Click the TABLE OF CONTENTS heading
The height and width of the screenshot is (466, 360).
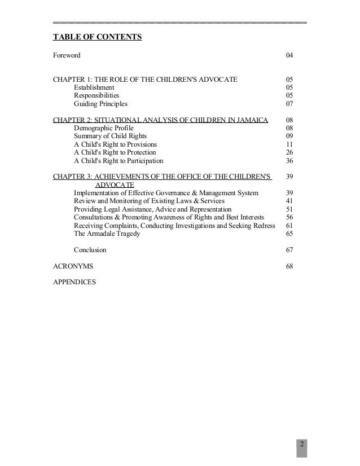pyautogui.click(x=97, y=38)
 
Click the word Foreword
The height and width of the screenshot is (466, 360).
pyautogui.click(x=67, y=56)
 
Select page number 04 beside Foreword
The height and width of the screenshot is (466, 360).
pyautogui.click(x=289, y=56)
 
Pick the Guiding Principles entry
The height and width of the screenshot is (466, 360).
pyautogui.click(x=100, y=104)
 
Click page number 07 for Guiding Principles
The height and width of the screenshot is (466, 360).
pyautogui.click(x=289, y=104)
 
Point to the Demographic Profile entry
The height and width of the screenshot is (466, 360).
pyautogui.click(x=103, y=128)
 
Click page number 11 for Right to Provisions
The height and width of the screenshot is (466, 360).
pyautogui.click(x=289, y=144)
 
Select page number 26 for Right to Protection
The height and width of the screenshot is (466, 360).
pyautogui.click(x=289, y=152)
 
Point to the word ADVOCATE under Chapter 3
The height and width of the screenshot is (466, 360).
pyautogui.click(x=115, y=185)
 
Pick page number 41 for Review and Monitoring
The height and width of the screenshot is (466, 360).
pyautogui.click(x=289, y=201)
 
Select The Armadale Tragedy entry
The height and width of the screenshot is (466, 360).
pyautogui.click(x=107, y=234)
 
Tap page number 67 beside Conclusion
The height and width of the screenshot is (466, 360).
pyautogui.click(x=289, y=250)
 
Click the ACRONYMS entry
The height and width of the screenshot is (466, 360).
pyautogui.click(x=73, y=266)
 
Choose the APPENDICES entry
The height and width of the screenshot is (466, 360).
pyautogui.click(x=74, y=282)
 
